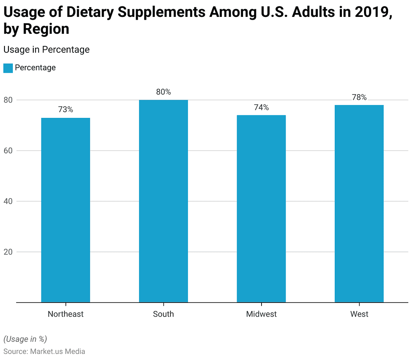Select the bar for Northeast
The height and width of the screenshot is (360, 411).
point(65,210)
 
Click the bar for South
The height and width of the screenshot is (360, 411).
point(163,201)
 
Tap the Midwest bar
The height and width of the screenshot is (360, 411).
point(261,209)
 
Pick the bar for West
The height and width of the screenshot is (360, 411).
point(359,204)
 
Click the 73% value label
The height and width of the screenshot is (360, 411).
point(65,109)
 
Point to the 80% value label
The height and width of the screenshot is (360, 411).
point(163,92)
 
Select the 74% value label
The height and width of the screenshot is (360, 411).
point(261,107)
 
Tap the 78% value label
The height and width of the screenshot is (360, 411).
point(359,97)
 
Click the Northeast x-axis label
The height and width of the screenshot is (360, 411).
point(65,314)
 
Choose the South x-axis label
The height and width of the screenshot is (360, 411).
point(163,314)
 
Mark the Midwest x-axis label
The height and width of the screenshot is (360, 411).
point(261,314)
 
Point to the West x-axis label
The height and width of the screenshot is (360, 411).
point(359,314)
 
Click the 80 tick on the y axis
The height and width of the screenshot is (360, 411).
point(8,100)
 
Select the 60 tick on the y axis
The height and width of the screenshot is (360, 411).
point(8,151)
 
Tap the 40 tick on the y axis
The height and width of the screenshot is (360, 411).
point(8,202)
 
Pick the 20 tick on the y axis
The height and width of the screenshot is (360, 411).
point(8,252)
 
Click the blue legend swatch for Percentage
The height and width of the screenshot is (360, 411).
point(8,68)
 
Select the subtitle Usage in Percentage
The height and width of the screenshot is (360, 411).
point(46,49)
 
